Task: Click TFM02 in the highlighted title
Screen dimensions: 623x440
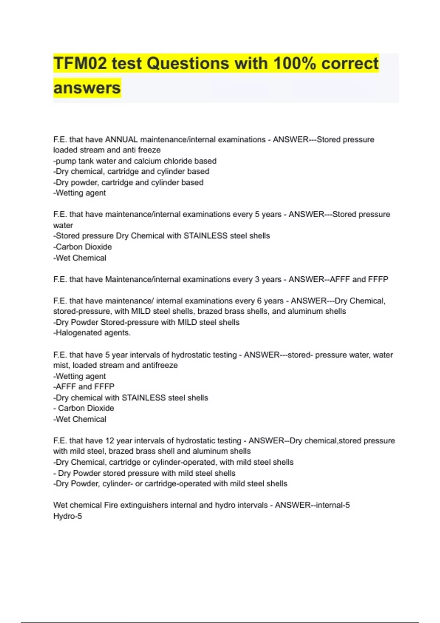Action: [80, 63]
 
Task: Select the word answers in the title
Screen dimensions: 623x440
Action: [87, 88]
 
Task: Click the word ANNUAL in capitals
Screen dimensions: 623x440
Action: [121, 140]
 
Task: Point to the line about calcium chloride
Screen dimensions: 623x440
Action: [135, 161]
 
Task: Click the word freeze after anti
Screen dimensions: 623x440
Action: [149, 150]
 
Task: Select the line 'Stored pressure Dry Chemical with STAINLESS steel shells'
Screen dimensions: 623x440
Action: [162, 236]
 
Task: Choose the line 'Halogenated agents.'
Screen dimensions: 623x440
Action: [92, 333]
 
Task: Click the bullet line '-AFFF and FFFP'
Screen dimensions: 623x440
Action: [84, 387]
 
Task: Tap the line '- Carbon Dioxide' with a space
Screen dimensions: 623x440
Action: [84, 408]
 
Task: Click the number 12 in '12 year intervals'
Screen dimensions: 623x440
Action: [110, 440]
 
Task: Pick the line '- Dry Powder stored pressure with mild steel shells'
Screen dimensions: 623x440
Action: [144, 473]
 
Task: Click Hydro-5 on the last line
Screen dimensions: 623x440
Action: [68, 516]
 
